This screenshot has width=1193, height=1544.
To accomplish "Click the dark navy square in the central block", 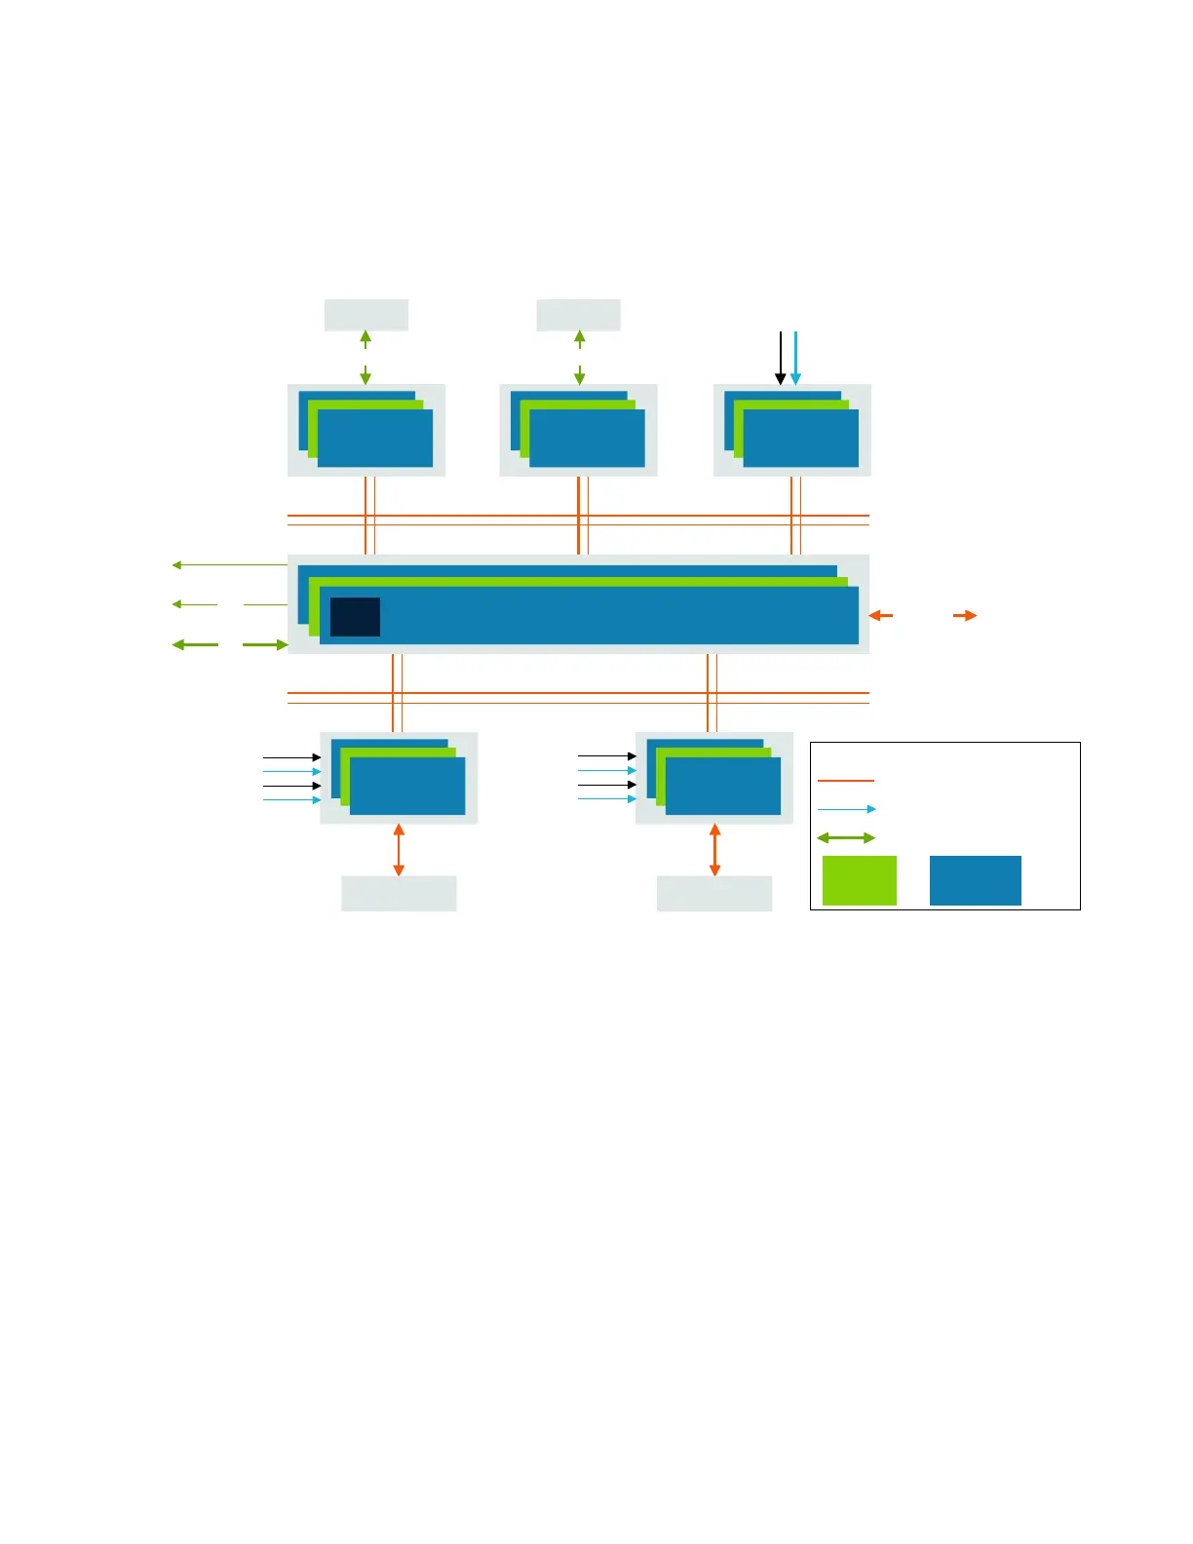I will click(355, 617).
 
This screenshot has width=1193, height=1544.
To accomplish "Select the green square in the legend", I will click(859, 880).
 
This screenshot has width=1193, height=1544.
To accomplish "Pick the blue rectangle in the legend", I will click(975, 880).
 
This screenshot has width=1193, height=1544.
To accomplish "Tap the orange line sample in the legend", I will click(845, 781).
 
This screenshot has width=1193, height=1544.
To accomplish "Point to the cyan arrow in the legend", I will click(846, 809).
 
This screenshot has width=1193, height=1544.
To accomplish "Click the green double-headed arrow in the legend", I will click(846, 837).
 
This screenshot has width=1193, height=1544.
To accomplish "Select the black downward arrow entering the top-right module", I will click(780, 358).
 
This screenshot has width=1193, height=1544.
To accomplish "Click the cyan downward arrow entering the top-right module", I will click(795, 358).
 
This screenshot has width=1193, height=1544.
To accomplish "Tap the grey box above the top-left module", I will click(366, 315).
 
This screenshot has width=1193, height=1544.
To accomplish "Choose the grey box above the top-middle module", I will click(578, 315).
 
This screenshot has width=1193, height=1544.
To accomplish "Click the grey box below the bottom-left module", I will click(399, 893).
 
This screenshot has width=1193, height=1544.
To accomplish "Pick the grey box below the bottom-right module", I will click(714, 893).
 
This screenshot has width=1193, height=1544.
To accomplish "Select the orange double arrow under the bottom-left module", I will click(398, 849).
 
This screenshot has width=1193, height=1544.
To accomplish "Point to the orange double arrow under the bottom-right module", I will click(714, 849).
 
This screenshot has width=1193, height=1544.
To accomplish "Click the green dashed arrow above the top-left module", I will click(366, 357).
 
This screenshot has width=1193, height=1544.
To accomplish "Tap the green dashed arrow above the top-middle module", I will click(579, 357).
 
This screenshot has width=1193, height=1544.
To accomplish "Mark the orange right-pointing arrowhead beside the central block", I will click(965, 615).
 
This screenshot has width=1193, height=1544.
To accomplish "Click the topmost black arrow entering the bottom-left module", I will click(291, 757).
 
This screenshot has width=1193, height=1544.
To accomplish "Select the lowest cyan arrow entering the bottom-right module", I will click(607, 799).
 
